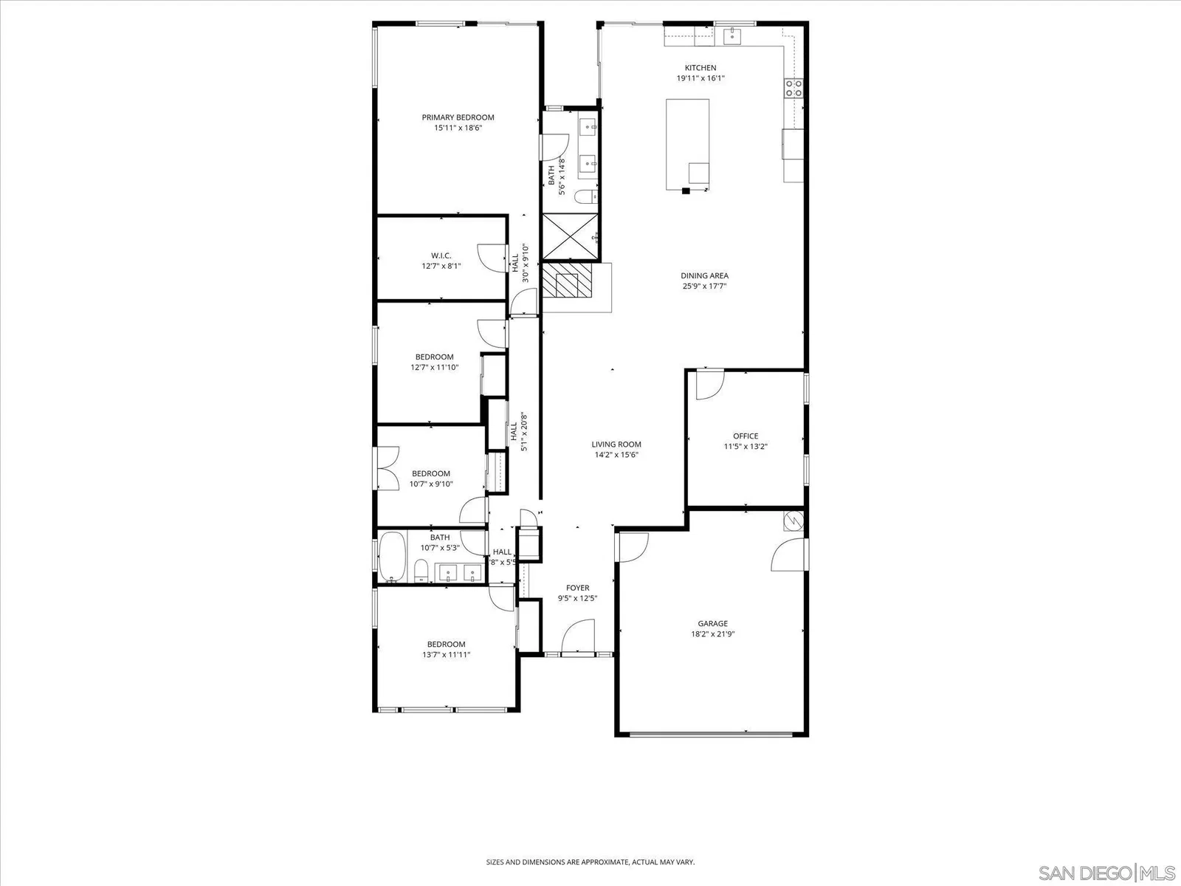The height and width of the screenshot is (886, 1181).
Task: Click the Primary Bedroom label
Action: (x=458, y=117)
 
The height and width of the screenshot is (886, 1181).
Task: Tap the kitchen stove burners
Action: (x=793, y=88)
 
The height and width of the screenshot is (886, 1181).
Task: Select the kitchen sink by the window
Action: (x=732, y=36)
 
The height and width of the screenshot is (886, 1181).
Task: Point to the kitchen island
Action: (x=688, y=144)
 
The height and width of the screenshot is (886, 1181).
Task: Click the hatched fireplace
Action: (x=567, y=280)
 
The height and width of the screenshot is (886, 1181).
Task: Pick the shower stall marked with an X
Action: (x=570, y=237)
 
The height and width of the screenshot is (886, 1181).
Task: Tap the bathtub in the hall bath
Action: (x=392, y=557)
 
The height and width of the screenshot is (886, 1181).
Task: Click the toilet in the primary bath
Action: (x=587, y=197)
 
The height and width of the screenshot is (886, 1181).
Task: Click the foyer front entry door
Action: (x=579, y=636)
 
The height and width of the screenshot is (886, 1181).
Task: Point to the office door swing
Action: (x=709, y=384)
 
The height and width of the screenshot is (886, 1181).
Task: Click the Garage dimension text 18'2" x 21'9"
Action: (x=713, y=633)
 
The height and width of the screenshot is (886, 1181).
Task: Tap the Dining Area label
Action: (x=704, y=276)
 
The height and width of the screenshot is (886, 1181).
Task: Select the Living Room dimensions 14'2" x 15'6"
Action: (x=616, y=455)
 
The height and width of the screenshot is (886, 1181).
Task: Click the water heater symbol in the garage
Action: (x=793, y=521)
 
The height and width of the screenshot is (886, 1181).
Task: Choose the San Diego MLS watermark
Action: (x=1106, y=872)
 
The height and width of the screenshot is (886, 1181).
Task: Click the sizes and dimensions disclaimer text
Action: (x=590, y=862)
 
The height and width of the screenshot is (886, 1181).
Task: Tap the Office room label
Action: (x=746, y=436)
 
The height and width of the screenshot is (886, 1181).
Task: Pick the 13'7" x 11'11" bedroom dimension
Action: (x=446, y=655)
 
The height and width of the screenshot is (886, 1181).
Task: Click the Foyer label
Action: (x=577, y=588)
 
